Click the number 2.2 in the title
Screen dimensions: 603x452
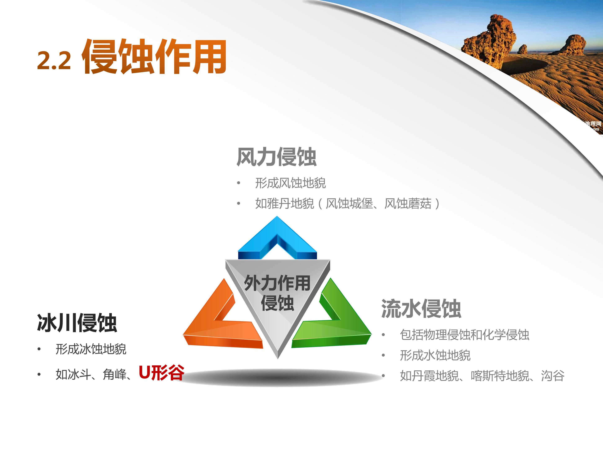click(54, 60)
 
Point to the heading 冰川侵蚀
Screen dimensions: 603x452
click(77, 323)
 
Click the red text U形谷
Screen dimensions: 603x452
click(161, 373)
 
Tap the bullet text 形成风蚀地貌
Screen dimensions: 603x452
click(290, 183)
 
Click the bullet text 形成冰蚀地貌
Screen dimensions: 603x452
click(91, 349)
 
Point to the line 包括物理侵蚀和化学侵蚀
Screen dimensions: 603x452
click(465, 335)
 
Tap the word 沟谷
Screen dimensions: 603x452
click(553, 376)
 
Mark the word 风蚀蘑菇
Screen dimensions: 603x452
click(408, 204)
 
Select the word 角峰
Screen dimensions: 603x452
click(115, 374)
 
